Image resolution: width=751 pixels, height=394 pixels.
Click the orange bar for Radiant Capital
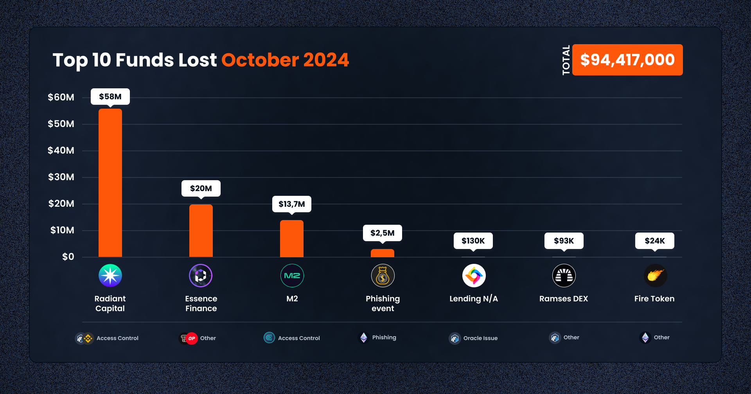tap(110, 183)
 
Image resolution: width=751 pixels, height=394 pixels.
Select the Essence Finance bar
tap(201, 231)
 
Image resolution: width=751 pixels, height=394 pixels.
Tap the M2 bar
tap(291, 238)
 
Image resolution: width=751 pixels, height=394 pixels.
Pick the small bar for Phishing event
tap(382, 253)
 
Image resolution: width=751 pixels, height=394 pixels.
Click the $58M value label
tap(110, 97)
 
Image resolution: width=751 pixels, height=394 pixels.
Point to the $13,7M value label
tap(291, 204)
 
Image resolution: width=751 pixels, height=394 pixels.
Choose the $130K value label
tap(473, 241)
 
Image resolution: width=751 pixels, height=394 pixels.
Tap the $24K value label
tap(654, 241)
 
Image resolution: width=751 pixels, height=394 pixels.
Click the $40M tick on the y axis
tap(61, 150)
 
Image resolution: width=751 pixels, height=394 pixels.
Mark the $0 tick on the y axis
tap(68, 257)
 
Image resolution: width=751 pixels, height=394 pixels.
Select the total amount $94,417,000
tap(627, 60)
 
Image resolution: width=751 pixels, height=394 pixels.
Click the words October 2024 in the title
tap(285, 60)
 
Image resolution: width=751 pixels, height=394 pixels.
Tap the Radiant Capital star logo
tap(110, 276)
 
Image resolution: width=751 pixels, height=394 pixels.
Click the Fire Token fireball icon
tap(655, 276)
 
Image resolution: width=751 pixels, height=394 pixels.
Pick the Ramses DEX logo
tap(564, 276)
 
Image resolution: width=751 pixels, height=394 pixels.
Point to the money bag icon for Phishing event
tap(383, 276)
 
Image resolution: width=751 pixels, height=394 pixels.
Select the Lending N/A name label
tap(473, 299)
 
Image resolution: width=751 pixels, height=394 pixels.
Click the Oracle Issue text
tap(480, 338)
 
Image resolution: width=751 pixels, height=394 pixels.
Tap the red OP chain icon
tap(191, 338)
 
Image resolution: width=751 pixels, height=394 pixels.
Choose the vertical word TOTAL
tap(566, 60)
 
